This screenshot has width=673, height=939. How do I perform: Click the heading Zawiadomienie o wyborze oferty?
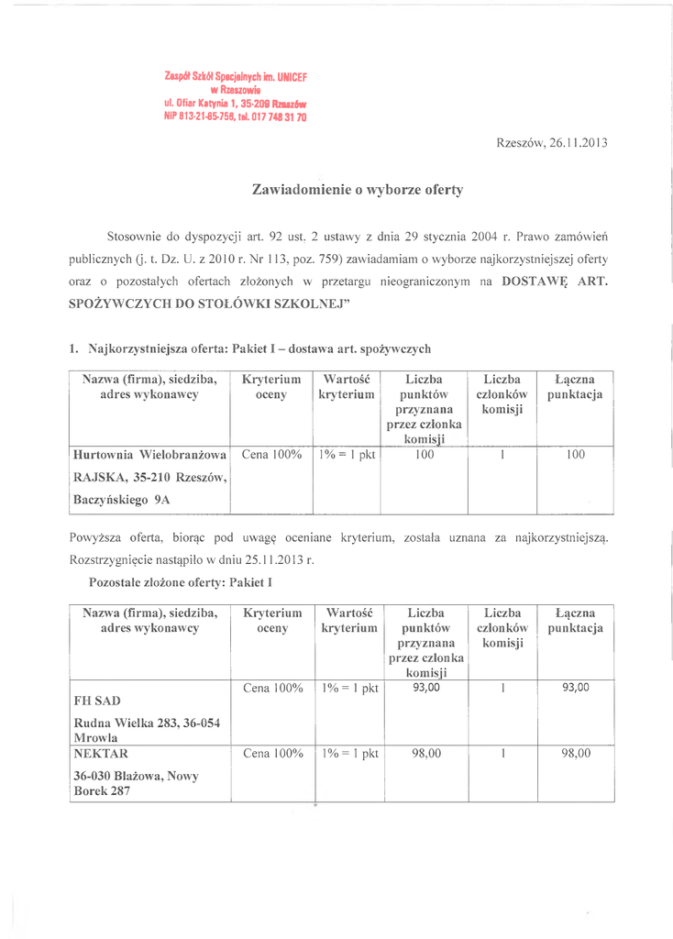point(358,191)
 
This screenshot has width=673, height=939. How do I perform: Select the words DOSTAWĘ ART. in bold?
point(555,283)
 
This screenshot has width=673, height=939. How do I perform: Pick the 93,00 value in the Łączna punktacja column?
point(576,687)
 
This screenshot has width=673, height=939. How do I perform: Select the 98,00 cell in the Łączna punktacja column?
point(576,754)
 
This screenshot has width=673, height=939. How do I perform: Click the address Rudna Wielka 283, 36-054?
point(146,723)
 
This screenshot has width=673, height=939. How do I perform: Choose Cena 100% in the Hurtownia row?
point(271,454)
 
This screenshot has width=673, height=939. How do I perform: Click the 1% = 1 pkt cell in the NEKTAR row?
point(349,754)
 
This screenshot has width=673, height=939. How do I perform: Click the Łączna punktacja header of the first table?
point(575,387)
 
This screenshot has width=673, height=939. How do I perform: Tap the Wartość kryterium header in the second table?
point(349,620)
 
